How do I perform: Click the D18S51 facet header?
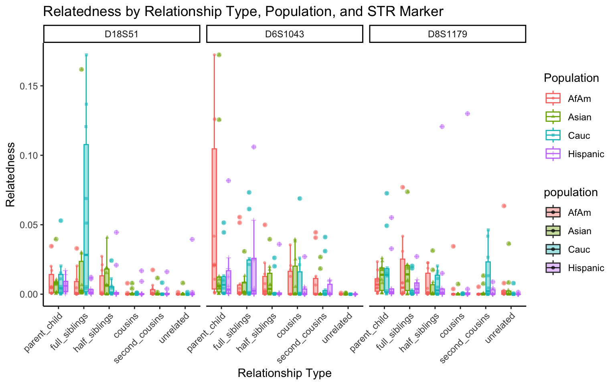(122, 34)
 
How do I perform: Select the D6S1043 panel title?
(284, 34)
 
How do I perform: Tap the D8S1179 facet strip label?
(447, 34)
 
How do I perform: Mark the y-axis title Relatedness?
(10, 174)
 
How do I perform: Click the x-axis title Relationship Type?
(284, 373)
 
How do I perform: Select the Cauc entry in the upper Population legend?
(579, 136)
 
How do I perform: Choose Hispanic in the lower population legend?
(586, 268)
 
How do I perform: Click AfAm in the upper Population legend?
(579, 99)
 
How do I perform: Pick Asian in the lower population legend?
(580, 231)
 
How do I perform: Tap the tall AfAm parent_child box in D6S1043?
(215, 219)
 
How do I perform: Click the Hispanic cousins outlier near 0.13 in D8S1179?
(467, 113)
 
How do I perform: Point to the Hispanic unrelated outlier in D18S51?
(192, 239)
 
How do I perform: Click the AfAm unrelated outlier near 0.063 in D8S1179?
(504, 206)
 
